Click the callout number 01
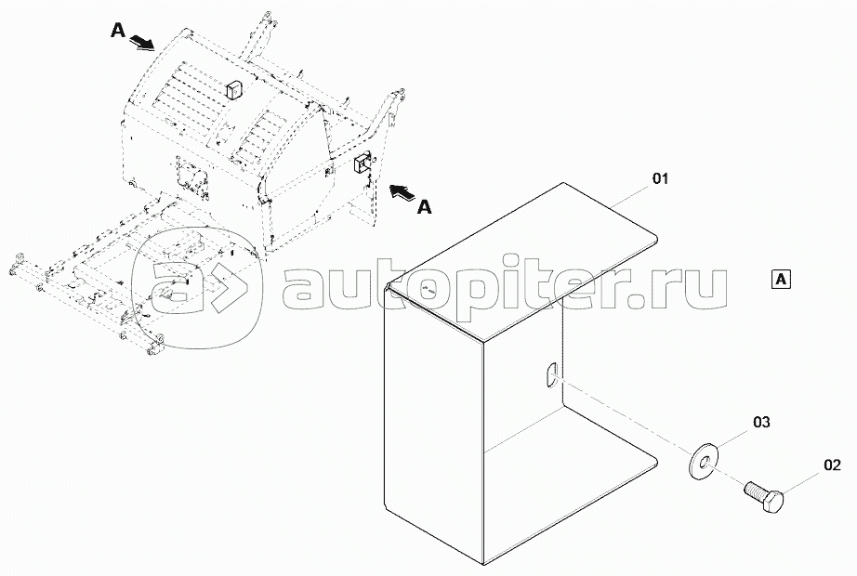click(x=660, y=178)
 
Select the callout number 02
click(x=832, y=465)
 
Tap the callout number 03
click(x=761, y=422)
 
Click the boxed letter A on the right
click(x=781, y=279)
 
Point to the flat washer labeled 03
click(x=703, y=462)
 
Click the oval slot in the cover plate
click(x=550, y=376)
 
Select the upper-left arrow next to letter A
click(x=141, y=43)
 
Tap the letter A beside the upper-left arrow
click(x=118, y=30)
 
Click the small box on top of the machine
click(x=234, y=89)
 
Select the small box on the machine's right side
click(x=362, y=164)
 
